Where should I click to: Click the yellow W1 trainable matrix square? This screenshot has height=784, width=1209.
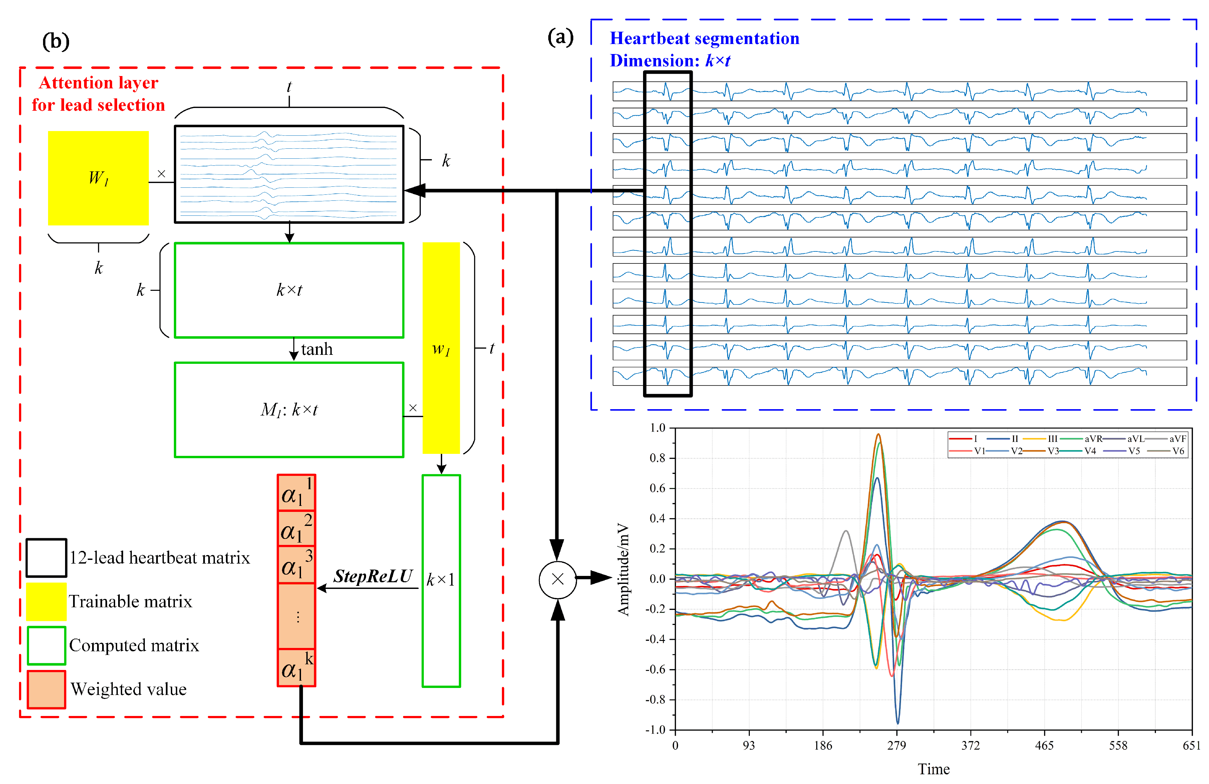(x=98, y=178)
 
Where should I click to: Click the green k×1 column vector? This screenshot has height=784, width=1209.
(x=441, y=580)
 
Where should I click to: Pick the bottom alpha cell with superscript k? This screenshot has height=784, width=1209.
(x=296, y=668)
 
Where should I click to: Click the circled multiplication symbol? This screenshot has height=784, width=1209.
(x=557, y=579)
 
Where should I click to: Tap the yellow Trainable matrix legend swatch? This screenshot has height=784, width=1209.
(x=46, y=602)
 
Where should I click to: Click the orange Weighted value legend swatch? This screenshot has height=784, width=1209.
(x=46, y=689)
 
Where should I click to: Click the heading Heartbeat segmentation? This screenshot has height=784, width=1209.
(x=704, y=39)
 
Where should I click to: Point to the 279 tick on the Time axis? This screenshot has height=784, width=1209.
(x=897, y=745)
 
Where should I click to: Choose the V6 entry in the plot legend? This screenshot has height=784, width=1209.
(x=1178, y=451)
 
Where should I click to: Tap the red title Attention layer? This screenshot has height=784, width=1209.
(x=98, y=83)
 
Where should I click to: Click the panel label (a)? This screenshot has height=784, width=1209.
(x=560, y=37)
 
